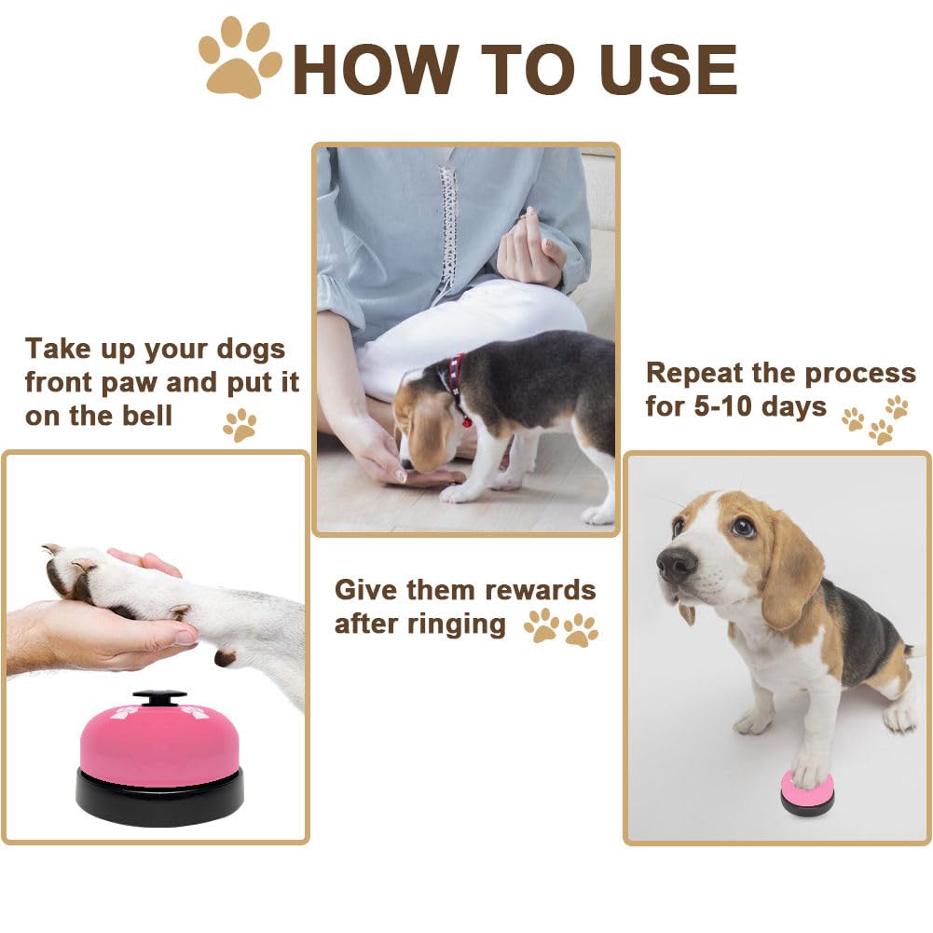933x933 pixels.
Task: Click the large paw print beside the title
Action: [x=240, y=58]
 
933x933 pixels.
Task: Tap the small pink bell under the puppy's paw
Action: [x=807, y=795]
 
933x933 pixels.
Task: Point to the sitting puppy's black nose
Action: [x=676, y=563]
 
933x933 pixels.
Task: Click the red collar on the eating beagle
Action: [x=457, y=383]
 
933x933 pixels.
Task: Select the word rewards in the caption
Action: [x=535, y=590]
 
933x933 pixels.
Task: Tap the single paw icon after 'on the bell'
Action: [x=240, y=424]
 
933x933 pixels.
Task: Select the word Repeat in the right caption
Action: [x=695, y=373]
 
